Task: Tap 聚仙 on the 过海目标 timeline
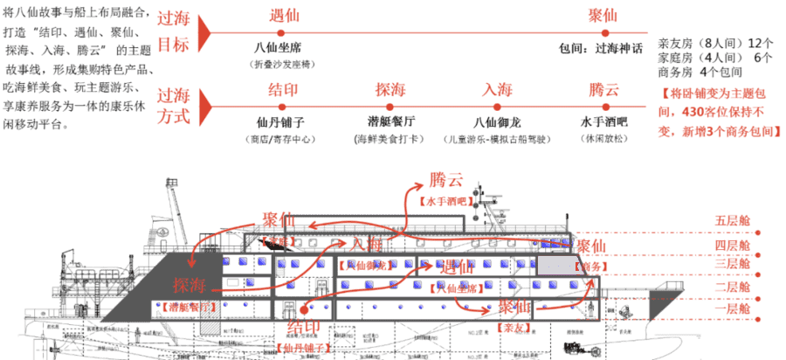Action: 603,17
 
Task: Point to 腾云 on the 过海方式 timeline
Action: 603,89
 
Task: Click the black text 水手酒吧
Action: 603,122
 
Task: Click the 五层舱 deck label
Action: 732,219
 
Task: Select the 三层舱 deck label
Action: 732,263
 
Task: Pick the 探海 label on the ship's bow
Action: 190,285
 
